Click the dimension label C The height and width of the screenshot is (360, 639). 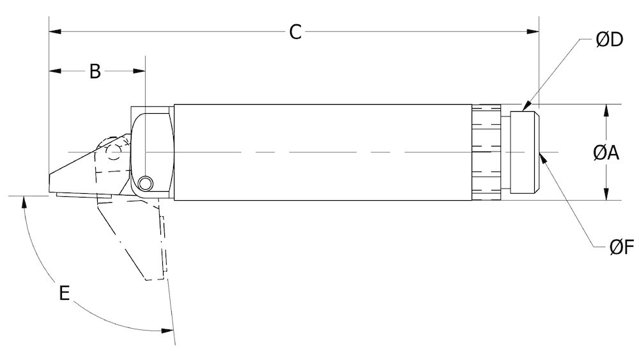click(x=295, y=31)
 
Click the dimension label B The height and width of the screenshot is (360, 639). click(x=95, y=71)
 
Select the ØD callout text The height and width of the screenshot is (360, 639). click(x=608, y=40)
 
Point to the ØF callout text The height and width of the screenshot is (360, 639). click(x=620, y=248)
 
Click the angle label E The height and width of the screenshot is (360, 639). click(x=64, y=293)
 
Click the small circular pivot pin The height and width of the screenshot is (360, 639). click(x=146, y=184)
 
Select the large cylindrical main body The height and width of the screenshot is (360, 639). click(x=323, y=152)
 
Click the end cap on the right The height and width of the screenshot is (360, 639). click(x=525, y=152)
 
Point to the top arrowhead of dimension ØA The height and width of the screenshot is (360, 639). click(x=606, y=109)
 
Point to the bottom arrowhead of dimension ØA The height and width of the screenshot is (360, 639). click(x=606, y=195)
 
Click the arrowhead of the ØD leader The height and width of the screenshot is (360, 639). click(x=525, y=108)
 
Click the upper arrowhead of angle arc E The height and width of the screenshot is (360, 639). click(x=24, y=203)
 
